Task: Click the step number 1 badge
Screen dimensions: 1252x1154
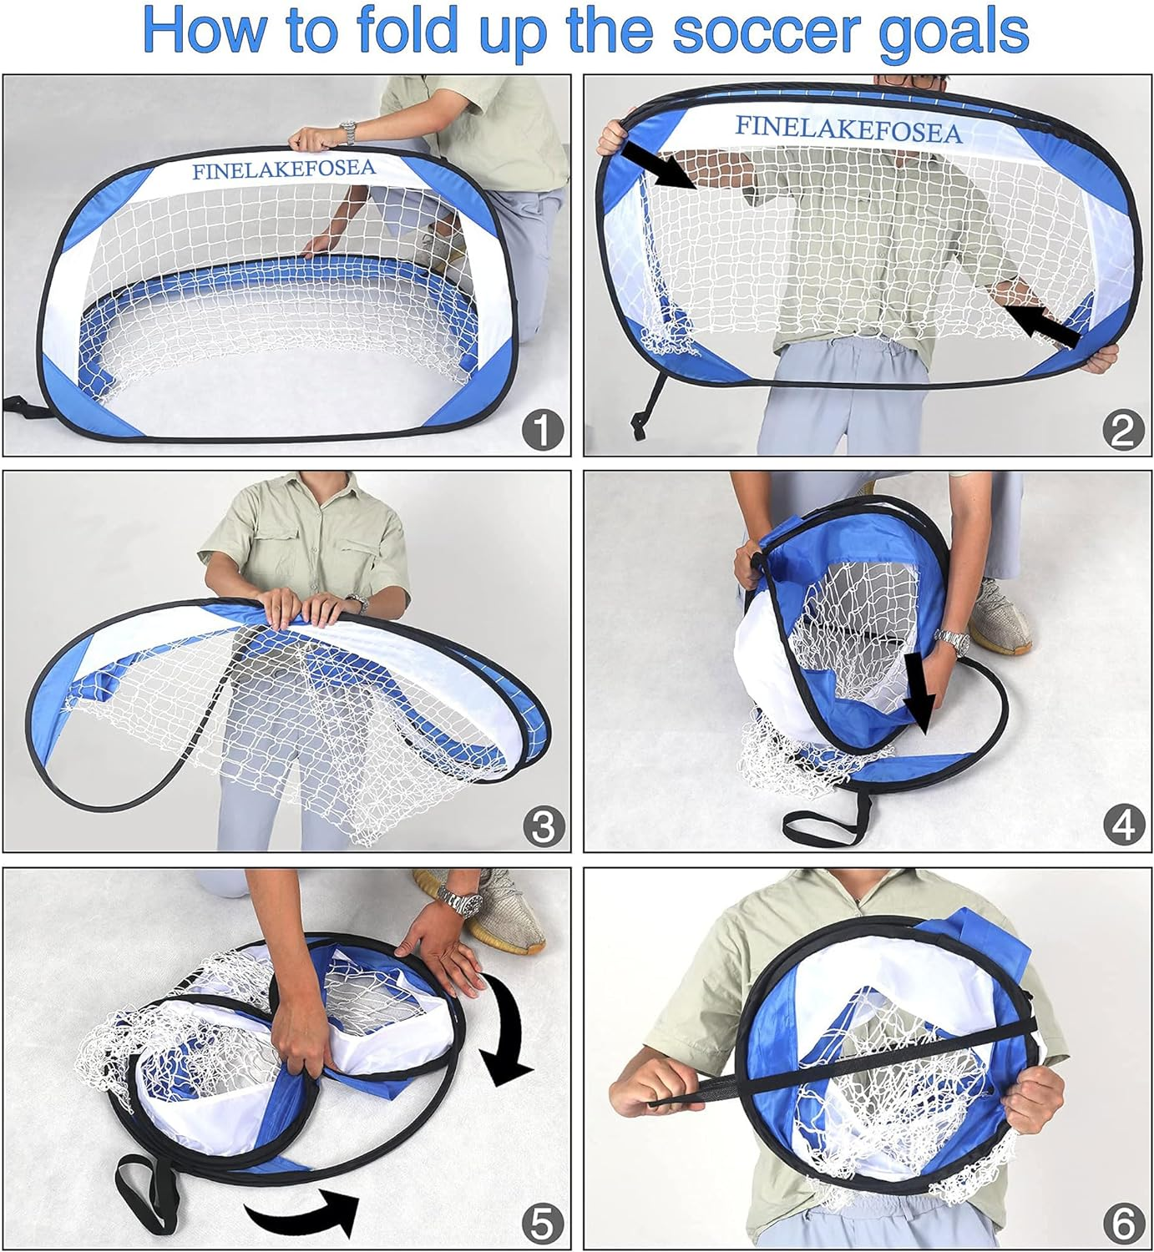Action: coord(543,431)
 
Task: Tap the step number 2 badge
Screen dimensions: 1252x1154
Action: coord(1123,431)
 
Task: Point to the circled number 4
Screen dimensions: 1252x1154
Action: coord(1123,826)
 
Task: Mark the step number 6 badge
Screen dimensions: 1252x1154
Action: coord(1123,1224)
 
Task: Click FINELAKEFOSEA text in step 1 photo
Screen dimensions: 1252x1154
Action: coord(284,169)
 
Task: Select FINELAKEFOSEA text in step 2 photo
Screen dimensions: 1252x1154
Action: coord(848,129)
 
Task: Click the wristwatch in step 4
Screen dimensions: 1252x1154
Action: coord(951,641)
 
